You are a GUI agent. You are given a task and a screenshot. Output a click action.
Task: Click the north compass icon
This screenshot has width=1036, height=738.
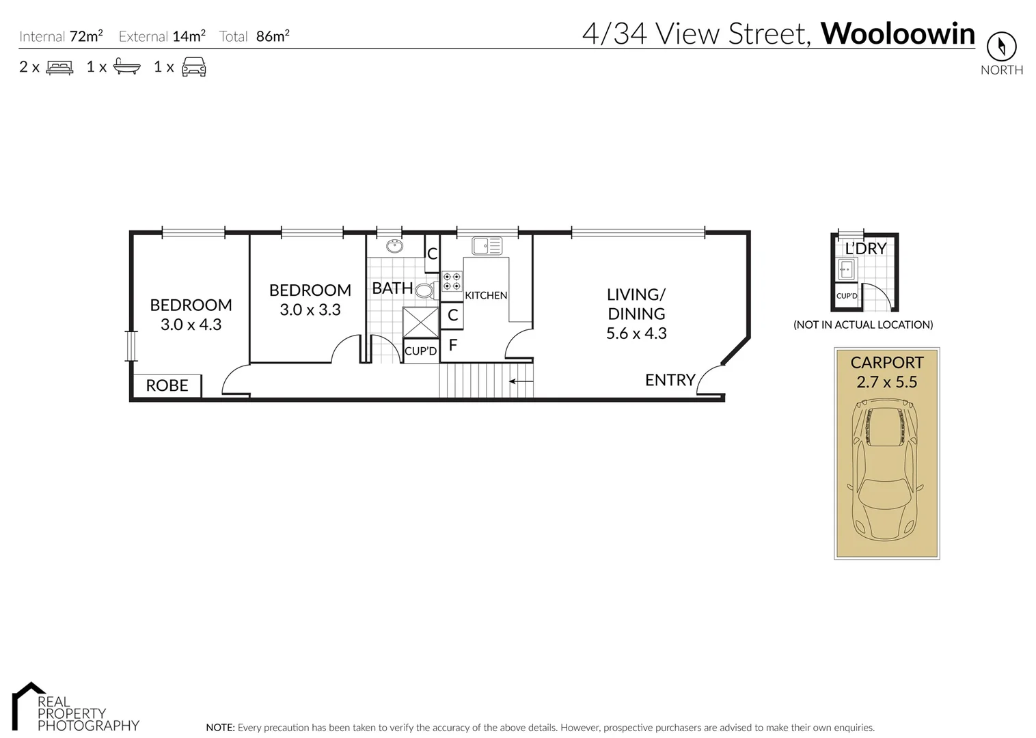pyautogui.click(x=1001, y=47)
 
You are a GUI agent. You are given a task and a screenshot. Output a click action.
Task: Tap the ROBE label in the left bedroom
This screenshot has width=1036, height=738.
pyautogui.click(x=167, y=385)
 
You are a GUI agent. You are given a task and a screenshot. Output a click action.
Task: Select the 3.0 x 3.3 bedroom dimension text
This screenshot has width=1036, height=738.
pyautogui.click(x=310, y=310)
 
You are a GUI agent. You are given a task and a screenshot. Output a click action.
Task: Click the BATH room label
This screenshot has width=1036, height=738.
pyautogui.click(x=392, y=288)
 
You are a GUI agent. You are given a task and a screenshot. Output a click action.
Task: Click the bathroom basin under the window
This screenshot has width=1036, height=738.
pyautogui.click(x=394, y=246)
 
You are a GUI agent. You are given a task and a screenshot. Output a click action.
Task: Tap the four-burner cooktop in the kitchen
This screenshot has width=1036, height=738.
pyautogui.click(x=452, y=281)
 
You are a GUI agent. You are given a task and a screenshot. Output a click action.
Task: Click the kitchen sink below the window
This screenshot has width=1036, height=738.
pyautogui.click(x=487, y=245)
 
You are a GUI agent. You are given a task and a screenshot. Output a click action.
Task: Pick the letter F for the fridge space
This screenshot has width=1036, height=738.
pyautogui.click(x=452, y=346)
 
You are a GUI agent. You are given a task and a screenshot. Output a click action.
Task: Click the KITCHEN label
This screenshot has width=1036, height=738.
pyautogui.click(x=486, y=295)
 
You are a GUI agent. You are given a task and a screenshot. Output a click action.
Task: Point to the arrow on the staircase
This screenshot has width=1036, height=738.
pyautogui.click(x=521, y=381)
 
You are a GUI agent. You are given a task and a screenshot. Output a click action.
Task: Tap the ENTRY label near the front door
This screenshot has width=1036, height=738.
pyautogui.click(x=670, y=380)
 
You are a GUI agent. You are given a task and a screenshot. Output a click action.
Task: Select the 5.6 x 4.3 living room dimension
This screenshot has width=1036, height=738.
pyautogui.click(x=636, y=333)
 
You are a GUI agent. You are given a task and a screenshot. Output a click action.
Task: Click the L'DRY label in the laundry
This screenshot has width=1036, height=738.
pyautogui.click(x=865, y=249)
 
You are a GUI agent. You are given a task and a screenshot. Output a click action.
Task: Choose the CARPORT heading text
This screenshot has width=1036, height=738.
pyautogui.click(x=886, y=363)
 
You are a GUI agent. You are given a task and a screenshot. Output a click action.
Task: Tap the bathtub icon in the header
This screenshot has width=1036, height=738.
pyautogui.click(x=127, y=67)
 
